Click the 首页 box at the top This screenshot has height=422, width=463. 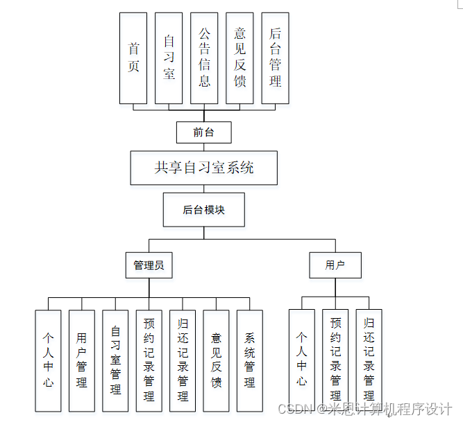tap(134, 58)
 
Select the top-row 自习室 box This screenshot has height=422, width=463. tap(169, 58)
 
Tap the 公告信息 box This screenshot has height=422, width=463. tap(205, 58)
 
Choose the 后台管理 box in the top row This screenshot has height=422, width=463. tap(276, 58)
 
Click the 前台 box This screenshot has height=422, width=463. tap(203, 132)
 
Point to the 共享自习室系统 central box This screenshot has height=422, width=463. tap(204, 168)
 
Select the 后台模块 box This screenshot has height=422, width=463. tap(203, 210)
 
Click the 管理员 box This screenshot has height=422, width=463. tap(149, 265)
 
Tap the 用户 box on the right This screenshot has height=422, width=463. tap(335, 265)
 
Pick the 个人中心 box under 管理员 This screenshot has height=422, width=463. tap(48, 360)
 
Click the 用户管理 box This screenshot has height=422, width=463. tap(82, 360)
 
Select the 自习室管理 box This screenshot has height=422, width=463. tap(115, 360)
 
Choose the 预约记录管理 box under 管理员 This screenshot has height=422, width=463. tap(149, 360)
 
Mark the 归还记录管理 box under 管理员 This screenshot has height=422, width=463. tap(183, 360)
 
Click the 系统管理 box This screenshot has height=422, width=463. tap(250, 360)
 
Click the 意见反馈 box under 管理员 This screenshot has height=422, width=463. tap(217, 360)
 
